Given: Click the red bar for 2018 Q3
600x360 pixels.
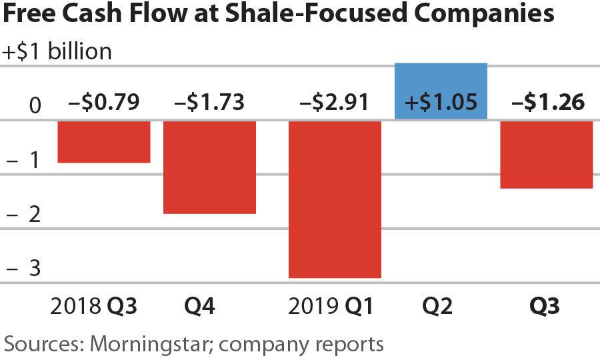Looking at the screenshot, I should pyautogui.click(x=104, y=141).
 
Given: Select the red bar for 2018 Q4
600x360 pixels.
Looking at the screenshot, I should pyautogui.click(x=209, y=167).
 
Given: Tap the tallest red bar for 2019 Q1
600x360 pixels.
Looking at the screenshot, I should pyautogui.click(x=335, y=199).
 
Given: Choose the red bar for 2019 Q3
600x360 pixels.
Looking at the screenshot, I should pyautogui.click(x=546, y=154).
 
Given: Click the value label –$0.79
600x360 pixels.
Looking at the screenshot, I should pyautogui.click(x=104, y=103).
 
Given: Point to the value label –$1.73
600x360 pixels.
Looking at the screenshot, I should pyautogui.click(x=209, y=103).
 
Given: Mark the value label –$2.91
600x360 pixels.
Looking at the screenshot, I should pyautogui.click(x=335, y=103).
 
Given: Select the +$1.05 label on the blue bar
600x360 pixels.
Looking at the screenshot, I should pyautogui.click(x=441, y=103).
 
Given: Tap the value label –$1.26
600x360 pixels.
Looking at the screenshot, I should pyautogui.click(x=547, y=103).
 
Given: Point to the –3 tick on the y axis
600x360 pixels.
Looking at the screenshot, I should pyautogui.click(x=25, y=269).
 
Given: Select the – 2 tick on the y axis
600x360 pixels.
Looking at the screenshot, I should pyautogui.click(x=25, y=215).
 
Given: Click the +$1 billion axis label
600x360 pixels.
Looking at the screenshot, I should pyautogui.click(x=58, y=51).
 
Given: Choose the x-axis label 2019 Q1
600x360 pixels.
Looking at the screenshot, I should pyautogui.click(x=332, y=307).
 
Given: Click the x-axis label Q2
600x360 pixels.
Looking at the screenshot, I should pyautogui.click(x=437, y=307).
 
